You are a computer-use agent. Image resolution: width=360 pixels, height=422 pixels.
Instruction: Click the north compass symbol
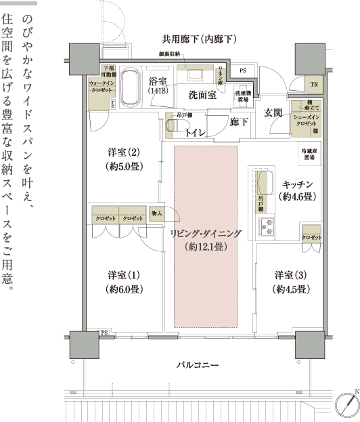pos(346,404)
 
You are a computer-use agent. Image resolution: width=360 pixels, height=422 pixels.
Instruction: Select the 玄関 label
pos(273,112)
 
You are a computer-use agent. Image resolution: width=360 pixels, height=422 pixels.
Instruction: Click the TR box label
pos(313,85)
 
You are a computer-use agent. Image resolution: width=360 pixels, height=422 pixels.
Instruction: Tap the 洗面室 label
pos(202,95)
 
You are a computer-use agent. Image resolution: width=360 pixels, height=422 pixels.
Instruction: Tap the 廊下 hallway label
pos(239,123)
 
